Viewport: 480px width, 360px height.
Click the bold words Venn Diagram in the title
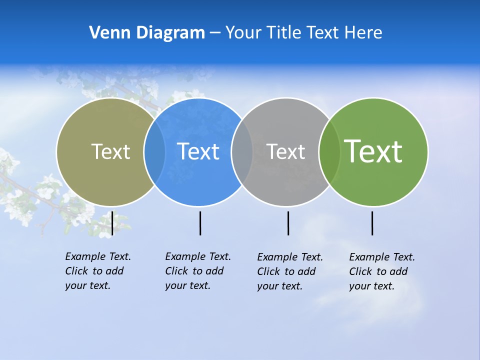(147, 33)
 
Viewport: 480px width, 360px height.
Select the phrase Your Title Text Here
(303, 33)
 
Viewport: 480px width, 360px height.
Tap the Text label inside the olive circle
(110, 151)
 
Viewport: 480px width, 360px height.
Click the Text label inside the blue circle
(198, 151)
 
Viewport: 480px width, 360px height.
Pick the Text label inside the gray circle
(285, 151)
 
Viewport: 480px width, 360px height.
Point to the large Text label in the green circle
(373, 151)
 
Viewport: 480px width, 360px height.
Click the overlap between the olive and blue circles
(154, 151)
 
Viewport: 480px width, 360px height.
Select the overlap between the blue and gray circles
(242, 151)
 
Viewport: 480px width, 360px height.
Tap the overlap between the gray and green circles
(329, 151)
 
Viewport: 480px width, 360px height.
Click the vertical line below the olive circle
(112, 223)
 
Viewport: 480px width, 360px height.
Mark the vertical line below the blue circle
(200, 223)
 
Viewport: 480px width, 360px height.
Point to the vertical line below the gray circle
(288, 223)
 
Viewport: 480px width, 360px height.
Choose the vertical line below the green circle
(372, 223)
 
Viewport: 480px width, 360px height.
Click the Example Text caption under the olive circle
(97, 271)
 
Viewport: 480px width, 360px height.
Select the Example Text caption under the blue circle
(197, 271)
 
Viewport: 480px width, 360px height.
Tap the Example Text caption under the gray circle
(289, 271)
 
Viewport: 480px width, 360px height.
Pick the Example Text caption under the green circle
(381, 271)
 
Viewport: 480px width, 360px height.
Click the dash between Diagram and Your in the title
(215, 33)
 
